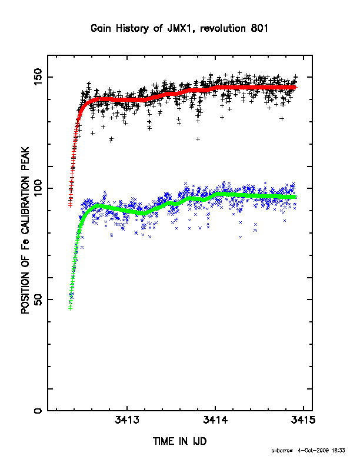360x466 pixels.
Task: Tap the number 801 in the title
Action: (x=259, y=28)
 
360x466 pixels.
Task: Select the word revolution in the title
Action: (x=223, y=28)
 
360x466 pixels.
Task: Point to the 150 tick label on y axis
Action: (x=38, y=77)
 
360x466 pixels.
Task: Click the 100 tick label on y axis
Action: (x=38, y=188)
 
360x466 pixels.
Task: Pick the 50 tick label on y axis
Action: (x=38, y=299)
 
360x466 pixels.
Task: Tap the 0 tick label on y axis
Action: (x=38, y=411)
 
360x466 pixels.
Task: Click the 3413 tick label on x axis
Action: (x=127, y=420)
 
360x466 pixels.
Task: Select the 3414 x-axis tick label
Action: (x=215, y=420)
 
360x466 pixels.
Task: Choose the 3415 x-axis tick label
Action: (x=304, y=420)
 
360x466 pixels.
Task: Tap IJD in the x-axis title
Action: (x=200, y=441)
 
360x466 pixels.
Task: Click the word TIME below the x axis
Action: (x=164, y=441)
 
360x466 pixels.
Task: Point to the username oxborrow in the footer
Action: (x=282, y=451)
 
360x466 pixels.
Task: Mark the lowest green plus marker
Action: (x=70, y=308)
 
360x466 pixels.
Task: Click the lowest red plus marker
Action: (x=70, y=205)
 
